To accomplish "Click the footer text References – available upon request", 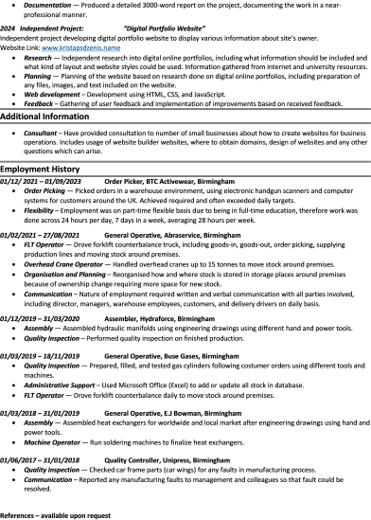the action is (56, 514).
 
